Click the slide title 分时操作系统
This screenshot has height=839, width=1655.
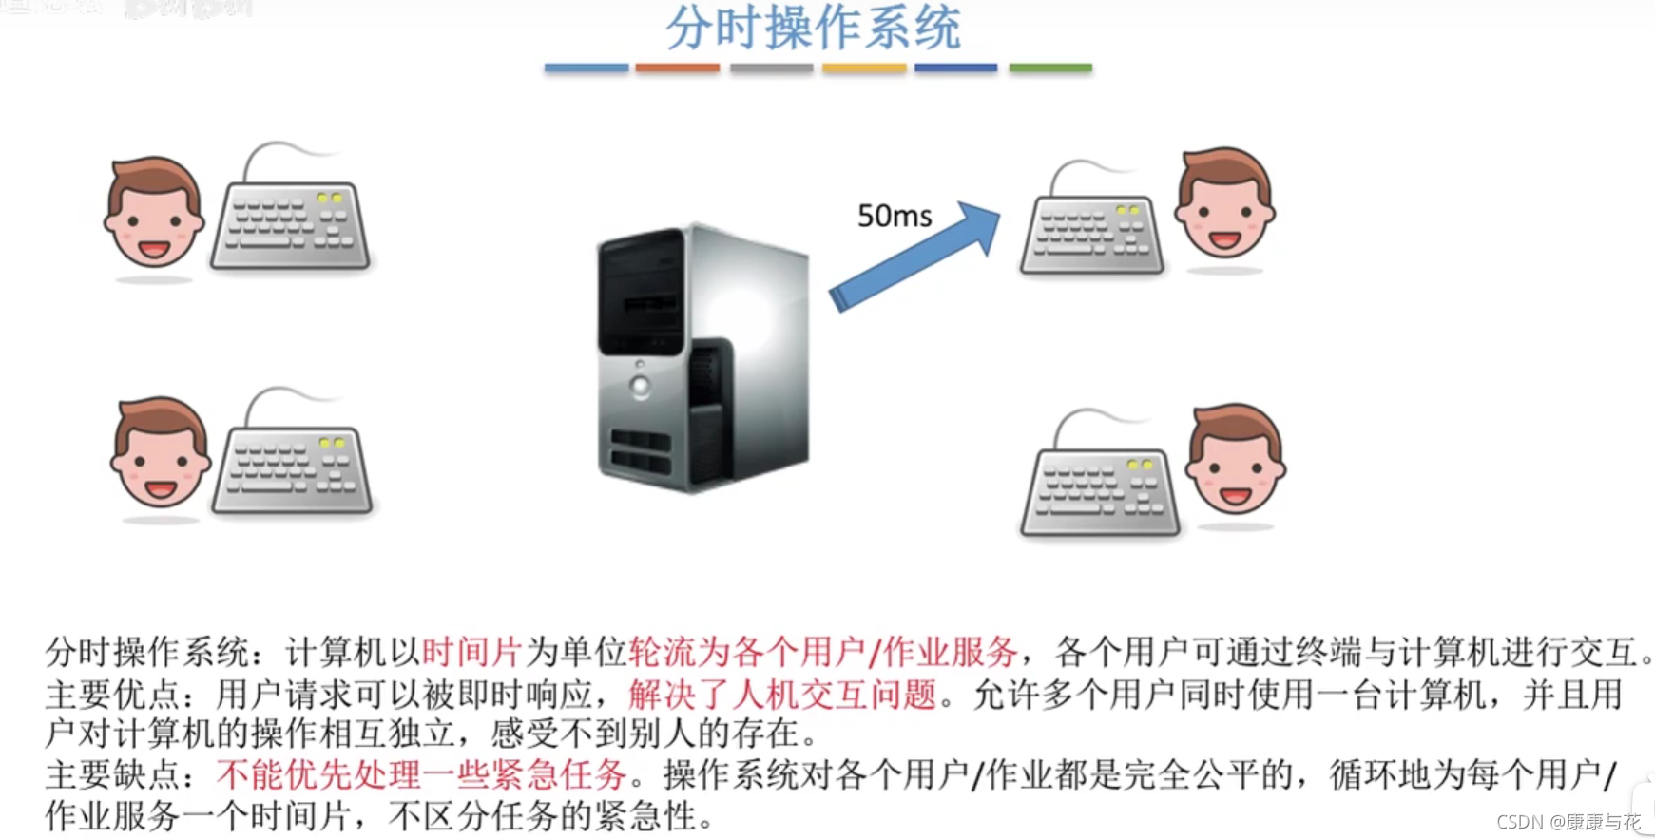pyautogui.click(x=813, y=29)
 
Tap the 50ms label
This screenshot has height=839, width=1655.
pyautogui.click(x=894, y=217)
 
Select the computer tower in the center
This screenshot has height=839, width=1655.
pyautogui.click(x=702, y=359)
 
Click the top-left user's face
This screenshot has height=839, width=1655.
pyautogui.click(x=153, y=214)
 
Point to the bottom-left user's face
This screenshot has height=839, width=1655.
pyautogui.click(x=160, y=453)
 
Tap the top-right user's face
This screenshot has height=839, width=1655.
pyautogui.click(x=1224, y=203)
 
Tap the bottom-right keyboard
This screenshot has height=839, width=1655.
pyautogui.click(x=1100, y=489)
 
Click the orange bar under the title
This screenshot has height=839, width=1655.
pyautogui.click(x=677, y=67)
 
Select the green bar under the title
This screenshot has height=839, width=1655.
pyautogui.click(x=1049, y=67)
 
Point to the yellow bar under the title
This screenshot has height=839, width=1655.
pyautogui.click(x=863, y=67)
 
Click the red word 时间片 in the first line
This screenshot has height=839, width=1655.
pyautogui.click(x=471, y=653)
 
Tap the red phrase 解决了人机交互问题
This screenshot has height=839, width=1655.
pyautogui.click(x=782, y=695)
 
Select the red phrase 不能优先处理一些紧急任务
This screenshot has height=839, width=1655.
pyautogui.click(x=421, y=775)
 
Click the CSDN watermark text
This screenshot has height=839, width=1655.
pyautogui.click(x=1568, y=822)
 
